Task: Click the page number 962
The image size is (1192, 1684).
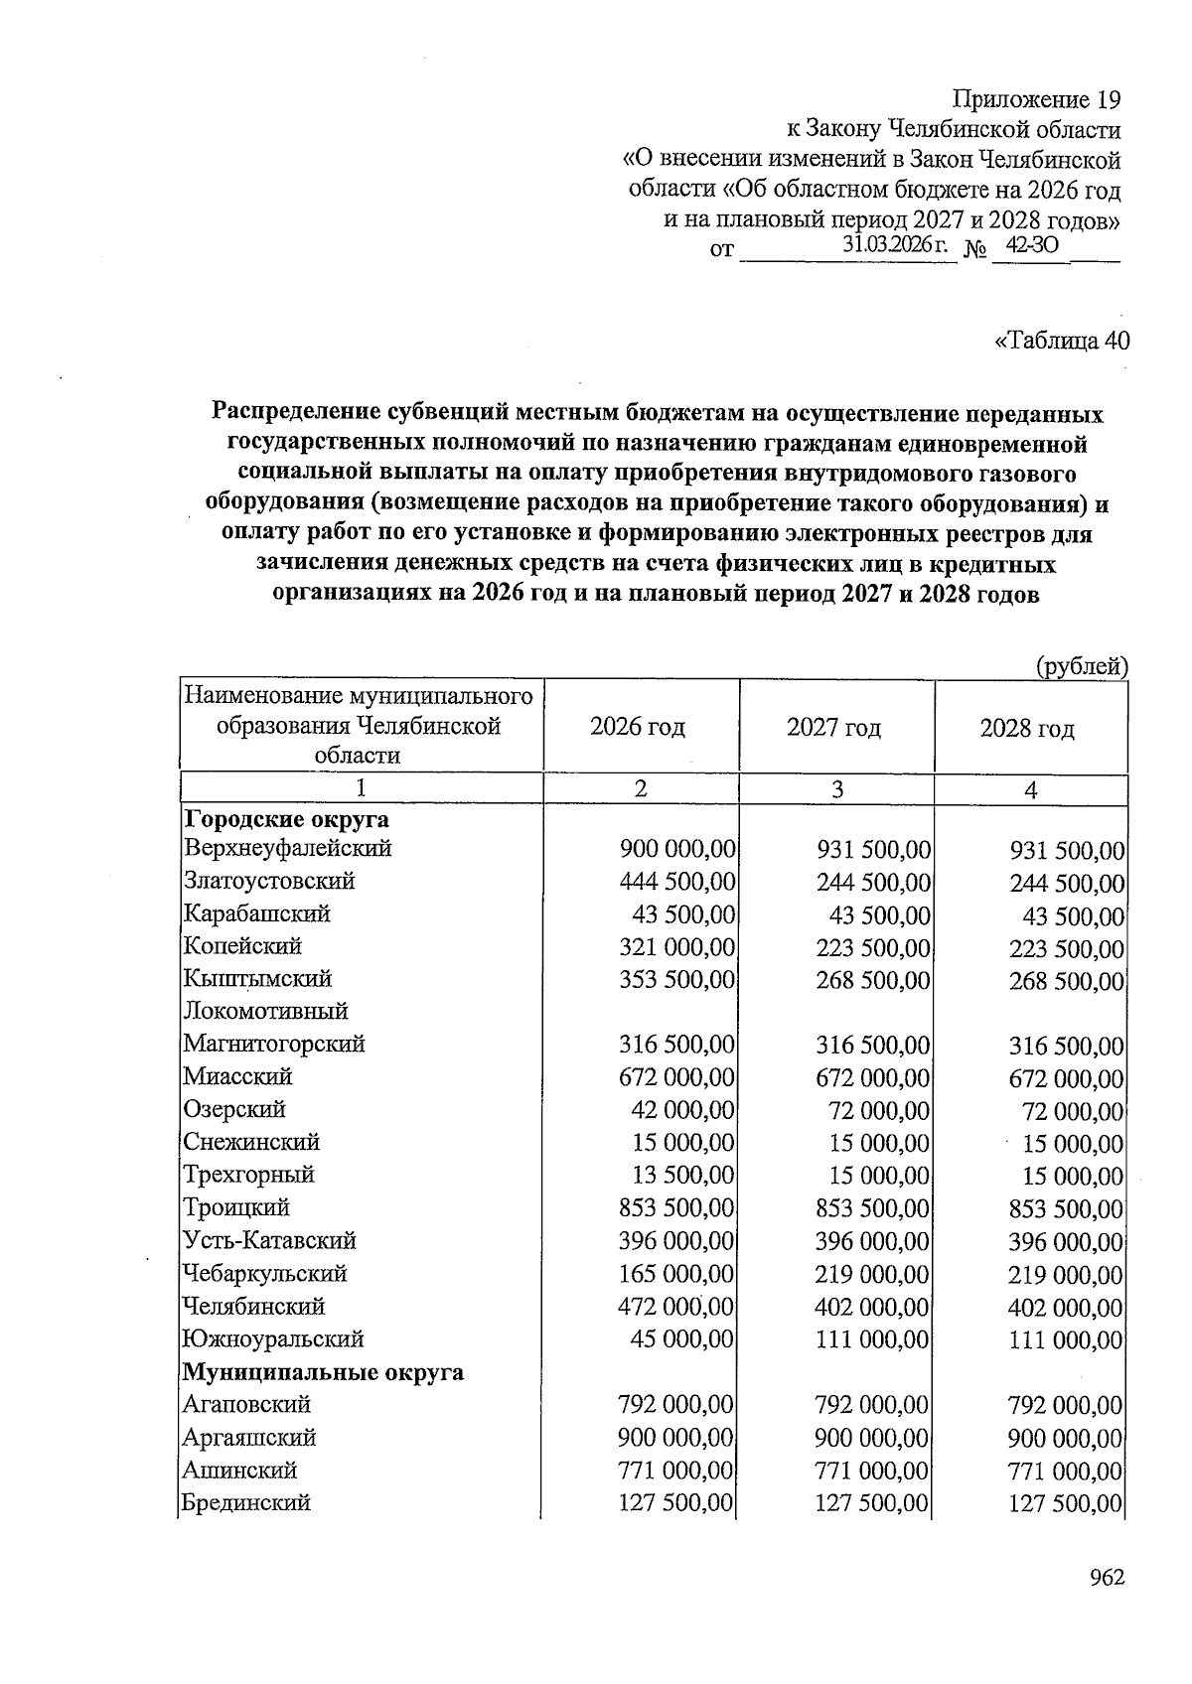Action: click(1106, 1578)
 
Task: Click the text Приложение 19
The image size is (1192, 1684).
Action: click(1036, 100)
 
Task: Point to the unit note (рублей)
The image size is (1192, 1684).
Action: click(1082, 666)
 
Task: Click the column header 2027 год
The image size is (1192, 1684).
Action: click(833, 728)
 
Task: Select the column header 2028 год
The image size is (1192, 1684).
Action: click(1027, 729)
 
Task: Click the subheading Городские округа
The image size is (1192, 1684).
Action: click(286, 819)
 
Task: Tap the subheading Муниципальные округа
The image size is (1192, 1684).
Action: click(323, 1372)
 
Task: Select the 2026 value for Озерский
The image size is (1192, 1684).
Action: click(683, 1110)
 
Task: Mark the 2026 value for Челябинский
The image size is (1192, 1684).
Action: click(676, 1307)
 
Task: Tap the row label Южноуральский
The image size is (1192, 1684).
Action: click(273, 1338)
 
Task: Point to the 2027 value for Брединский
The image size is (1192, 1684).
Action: click(872, 1503)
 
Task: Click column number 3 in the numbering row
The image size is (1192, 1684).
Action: click(837, 789)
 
